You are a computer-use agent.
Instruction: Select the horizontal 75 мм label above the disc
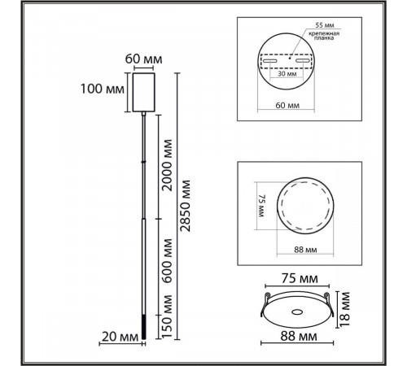[289, 277]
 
